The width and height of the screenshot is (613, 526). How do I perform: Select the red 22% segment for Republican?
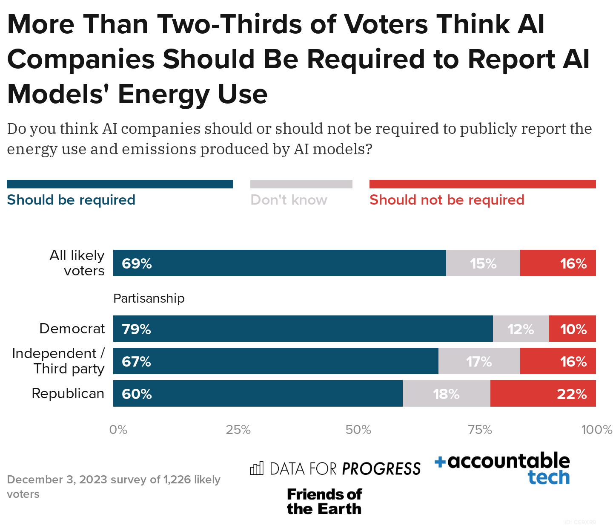pyautogui.click(x=543, y=393)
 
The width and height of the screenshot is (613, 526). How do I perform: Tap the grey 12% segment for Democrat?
pyautogui.click(x=521, y=329)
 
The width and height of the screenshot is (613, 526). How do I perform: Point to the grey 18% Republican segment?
pyautogui.click(x=446, y=393)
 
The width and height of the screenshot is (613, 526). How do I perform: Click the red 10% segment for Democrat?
pyautogui.click(x=573, y=329)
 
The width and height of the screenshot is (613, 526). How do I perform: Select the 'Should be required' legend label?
pyautogui.click(x=71, y=200)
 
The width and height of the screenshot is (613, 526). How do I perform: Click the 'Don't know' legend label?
pyautogui.click(x=289, y=200)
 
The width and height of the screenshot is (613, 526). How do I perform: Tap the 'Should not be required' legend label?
pyautogui.click(x=447, y=200)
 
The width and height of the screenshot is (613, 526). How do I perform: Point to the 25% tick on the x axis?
pyautogui.click(x=238, y=430)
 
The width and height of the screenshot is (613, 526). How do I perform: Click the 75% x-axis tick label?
pyautogui.click(x=480, y=430)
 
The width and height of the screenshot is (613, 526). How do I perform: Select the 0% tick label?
pyautogui.click(x=118, y=430)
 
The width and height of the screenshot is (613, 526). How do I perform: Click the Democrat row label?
pyautogui.click(x=72, y=329)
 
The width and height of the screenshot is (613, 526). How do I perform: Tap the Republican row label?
pyautogui.click(x=68, y=393)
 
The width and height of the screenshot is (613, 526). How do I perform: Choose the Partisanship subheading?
pyautogui.click(x=149, y=298)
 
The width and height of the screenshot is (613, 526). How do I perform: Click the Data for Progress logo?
pyautogui.click(x=335, y=468)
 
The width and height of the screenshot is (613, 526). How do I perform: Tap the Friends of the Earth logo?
pyautogui.click(x=324, y=501)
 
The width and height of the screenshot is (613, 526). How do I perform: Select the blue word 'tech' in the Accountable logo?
pyautogui.click(x=548, y=477)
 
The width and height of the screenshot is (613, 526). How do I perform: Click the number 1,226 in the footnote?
pyautogui.click(x=177, y=480)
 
